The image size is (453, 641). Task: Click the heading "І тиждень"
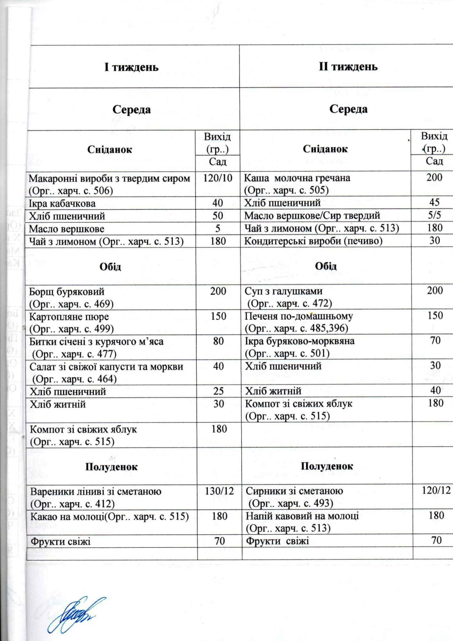[x=131, y=67]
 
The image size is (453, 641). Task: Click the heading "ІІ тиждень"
[x=348, y=67]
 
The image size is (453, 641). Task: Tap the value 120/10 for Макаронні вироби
[x=218, y=178]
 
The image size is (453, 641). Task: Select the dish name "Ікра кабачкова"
[x=62, y=204]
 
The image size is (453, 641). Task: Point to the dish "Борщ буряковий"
[x=67, y=292]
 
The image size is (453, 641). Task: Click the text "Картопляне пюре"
[x=69, y=317]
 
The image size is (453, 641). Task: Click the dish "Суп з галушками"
[x=284, y=291]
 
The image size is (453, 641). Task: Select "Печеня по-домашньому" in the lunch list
[x=299, y=316]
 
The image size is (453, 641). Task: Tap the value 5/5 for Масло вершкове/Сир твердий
[x=434, y=215]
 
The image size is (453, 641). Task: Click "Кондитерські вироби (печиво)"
[x=313, y=241]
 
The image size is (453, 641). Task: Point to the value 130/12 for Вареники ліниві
[x=219, y=491]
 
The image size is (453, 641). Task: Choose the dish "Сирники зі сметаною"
[x=294, y=491]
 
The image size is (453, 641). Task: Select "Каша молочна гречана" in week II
[x=297, y=178]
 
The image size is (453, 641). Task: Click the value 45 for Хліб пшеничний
[x=434, y=203]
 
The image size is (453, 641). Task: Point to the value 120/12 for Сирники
[x=436, y=490]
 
